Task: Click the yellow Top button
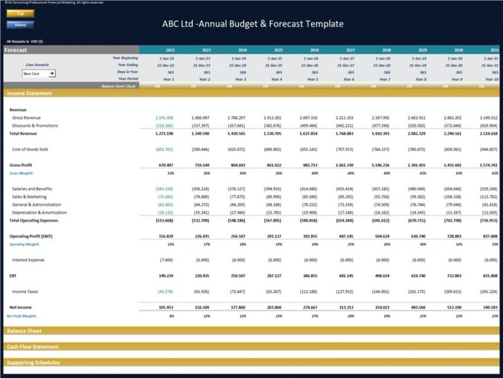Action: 20,13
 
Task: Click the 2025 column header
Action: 278,49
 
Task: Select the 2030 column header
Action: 458,49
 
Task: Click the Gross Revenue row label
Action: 26,117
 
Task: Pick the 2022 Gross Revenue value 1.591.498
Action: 164,117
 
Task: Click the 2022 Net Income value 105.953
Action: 165,307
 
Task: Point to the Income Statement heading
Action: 30,93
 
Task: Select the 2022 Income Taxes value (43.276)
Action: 165,291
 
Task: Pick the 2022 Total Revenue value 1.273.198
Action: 164,134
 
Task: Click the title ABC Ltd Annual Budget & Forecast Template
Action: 253,24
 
